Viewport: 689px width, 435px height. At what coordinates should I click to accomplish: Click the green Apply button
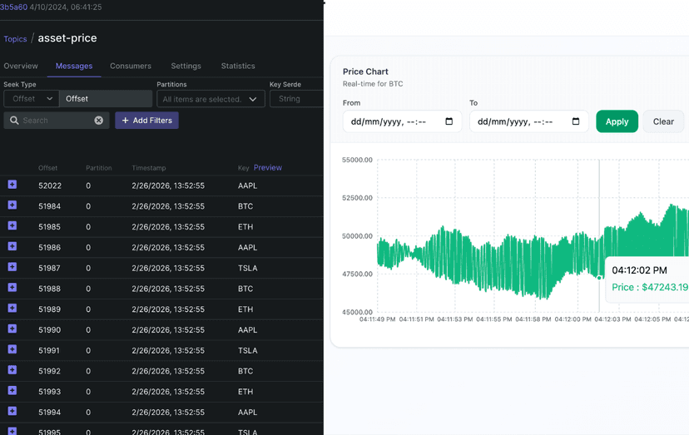click(617, 121)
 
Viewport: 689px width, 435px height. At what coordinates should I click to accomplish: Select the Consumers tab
click(131, 66)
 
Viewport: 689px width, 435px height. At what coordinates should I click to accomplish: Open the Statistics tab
click(238, 66)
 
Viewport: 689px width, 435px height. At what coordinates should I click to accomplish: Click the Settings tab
click(186, 66)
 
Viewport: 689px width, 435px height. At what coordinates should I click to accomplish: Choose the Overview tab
click(21, 66)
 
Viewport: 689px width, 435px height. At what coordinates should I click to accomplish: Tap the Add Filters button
click(146, 121)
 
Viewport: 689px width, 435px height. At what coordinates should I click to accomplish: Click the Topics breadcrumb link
click(15, 39)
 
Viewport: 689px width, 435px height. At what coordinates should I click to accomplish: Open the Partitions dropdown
click(211, 99)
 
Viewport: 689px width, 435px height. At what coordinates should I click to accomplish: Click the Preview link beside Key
click(268, 167)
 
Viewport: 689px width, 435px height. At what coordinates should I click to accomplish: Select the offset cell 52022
click(50, 185)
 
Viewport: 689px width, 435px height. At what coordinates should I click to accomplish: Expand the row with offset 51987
click(12, 267)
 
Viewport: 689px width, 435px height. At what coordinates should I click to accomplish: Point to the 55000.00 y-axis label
click(357, 160)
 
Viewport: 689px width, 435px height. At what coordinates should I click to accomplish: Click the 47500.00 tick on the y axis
click(357, 274)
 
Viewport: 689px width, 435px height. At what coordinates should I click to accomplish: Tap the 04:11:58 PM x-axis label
click(535, 319)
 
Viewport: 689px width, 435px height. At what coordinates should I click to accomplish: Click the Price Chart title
click(365, 72)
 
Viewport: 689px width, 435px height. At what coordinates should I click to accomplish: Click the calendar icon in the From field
click(449, 121)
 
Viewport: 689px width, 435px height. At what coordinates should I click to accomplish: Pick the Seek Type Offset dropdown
click(31, 99)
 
